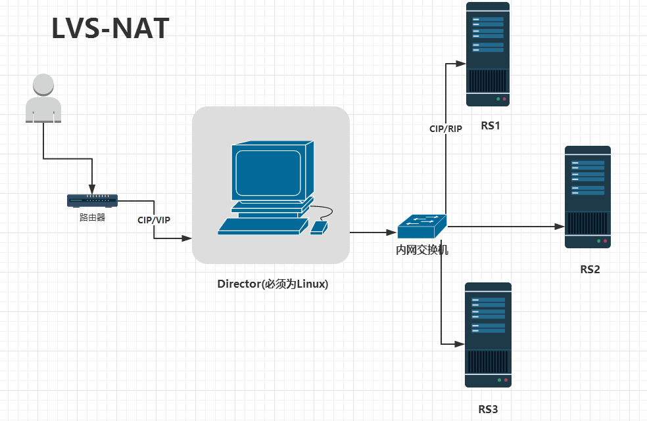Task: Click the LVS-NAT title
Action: coord(110,28)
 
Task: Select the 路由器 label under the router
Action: coord(92,217)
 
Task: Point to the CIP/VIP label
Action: coord(154,220)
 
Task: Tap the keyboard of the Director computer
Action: coord(263,226)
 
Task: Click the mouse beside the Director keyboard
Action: coord(319,227)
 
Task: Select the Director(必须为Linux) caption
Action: coord(273,284)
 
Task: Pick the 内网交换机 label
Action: coord(422,250)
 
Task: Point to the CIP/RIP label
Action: coord(446,129)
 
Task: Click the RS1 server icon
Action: coord(488,54)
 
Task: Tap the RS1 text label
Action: coord(491,126)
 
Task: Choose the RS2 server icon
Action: coord(588,197)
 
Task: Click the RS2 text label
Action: coord(590,269)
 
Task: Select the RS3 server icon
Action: coord(488,335)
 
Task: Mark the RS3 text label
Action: coord(488,410)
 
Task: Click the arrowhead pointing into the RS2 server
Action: coord(560,227)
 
